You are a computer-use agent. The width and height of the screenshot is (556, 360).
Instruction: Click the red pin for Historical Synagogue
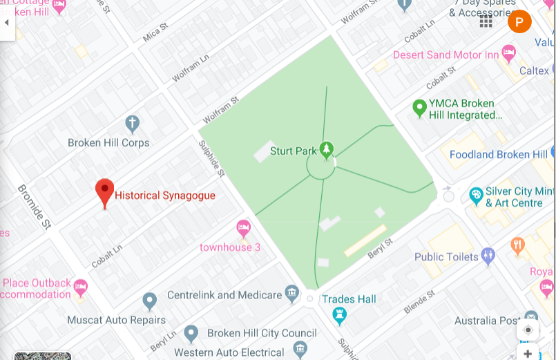[104, 192]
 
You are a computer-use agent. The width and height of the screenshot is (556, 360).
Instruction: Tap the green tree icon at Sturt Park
[326, 149]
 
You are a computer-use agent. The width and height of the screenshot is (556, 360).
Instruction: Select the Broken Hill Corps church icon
[132, 124]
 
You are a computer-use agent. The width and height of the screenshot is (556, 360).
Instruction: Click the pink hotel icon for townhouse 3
[243, 227]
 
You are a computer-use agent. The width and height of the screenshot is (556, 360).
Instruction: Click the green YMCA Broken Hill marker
[419, 108]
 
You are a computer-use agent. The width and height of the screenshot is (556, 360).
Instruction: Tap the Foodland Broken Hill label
[498, 155]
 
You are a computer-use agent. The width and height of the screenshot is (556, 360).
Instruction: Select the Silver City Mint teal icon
[475, 196]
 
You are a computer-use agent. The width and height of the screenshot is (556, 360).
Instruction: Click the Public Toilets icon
[488, 256]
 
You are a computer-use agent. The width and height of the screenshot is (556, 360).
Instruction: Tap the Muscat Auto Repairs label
[116, 320]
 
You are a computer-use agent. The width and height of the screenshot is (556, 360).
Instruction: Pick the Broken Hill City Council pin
[191, 334]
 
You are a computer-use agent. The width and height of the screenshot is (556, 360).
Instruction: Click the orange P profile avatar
[519, 22]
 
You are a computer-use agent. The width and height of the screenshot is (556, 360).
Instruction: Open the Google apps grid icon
[486, 22]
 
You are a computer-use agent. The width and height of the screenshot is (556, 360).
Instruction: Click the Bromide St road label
[35, 207]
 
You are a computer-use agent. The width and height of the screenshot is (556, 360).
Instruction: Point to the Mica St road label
[155, 34]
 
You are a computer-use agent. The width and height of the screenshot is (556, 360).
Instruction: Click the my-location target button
[528, 330]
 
